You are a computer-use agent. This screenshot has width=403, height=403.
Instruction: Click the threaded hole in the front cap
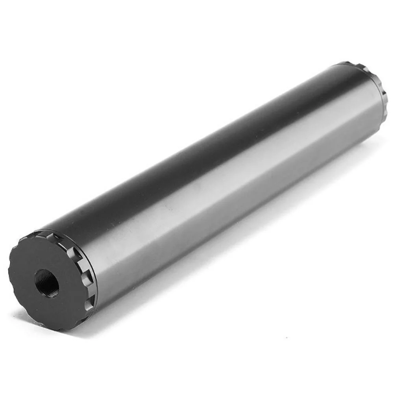(x=47, y=283)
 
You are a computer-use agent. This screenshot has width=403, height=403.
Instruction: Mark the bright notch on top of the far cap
(x=364, y=69)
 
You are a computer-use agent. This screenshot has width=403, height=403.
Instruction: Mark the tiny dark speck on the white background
(x=286, y=337)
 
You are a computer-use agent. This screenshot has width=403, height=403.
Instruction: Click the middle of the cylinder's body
(x=220, y=173)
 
